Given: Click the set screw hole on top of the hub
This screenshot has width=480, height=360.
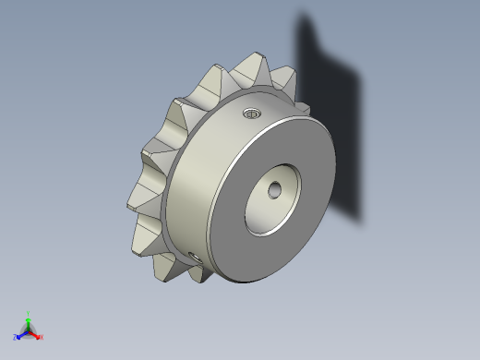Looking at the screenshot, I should point(251,114).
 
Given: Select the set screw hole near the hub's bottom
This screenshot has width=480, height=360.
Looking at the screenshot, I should point(194,256).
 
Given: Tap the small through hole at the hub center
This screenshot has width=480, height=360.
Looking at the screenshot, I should point(274,189).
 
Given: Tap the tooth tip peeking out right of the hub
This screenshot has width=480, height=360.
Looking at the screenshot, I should point(305,110).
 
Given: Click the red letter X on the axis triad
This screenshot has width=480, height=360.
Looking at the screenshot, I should point(42,337).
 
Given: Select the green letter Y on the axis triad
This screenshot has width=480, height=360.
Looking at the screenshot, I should point(29,314).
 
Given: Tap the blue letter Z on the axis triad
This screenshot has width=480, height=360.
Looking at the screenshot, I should point(16,337).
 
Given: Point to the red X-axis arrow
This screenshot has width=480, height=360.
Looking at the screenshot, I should point(35,333).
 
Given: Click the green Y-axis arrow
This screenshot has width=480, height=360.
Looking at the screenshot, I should point(29,322).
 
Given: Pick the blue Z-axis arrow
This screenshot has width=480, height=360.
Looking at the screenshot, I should point(22,333).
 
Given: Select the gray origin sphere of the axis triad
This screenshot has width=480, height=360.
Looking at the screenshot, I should point(29,330).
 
